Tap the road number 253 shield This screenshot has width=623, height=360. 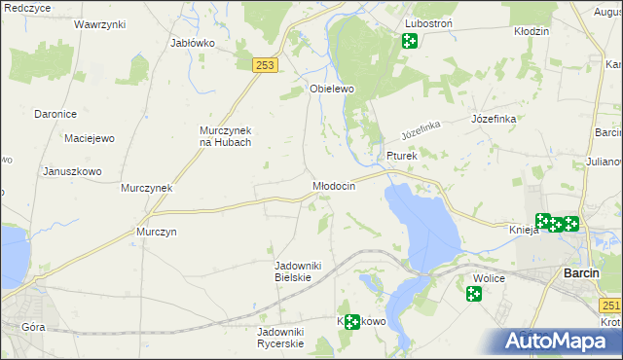point(266,65)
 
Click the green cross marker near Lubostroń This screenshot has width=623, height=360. point(409,41)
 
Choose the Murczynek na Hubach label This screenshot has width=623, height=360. point(226,136)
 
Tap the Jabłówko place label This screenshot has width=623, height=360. point(192,43)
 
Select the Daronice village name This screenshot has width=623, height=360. point(55,114)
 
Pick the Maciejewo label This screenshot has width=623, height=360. point(90,138)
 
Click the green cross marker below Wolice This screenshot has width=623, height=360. point(474,294)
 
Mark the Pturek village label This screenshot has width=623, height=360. point(401,155)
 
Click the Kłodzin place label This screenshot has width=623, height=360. point(531,31)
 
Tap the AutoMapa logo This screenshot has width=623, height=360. point(559,342)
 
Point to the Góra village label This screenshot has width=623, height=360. point(32,327)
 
